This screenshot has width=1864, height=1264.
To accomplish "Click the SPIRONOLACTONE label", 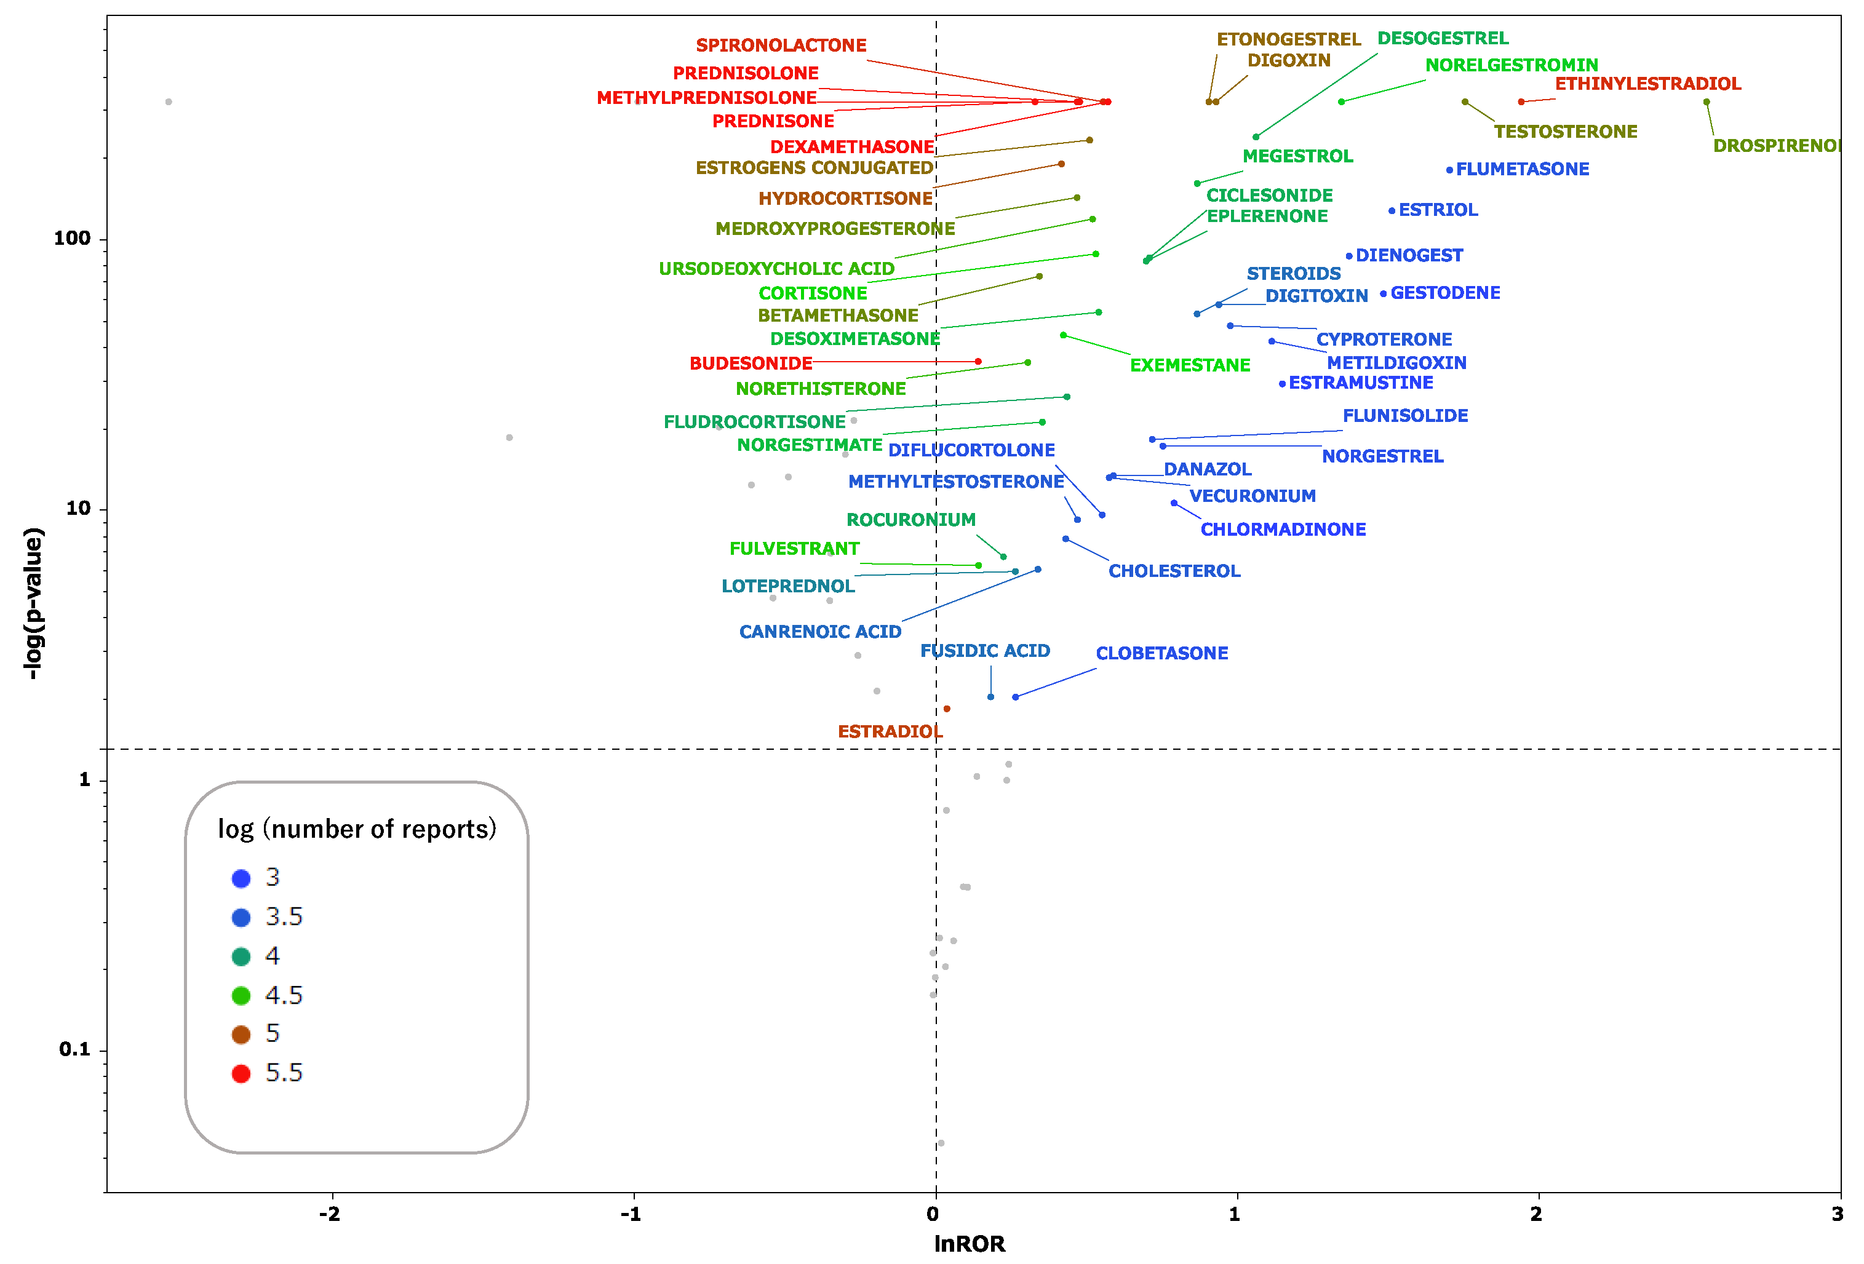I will [x=781, y=45].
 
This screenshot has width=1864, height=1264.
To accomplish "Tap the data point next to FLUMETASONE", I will [x=1449, y=170].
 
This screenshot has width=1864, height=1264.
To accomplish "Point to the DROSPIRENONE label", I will [x=1777, y=146].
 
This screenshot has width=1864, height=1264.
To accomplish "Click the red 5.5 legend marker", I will [x=241, y=1074].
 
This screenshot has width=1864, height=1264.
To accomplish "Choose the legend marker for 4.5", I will [x=241, y=995].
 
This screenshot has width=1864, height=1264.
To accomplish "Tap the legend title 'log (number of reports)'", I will [x=357, y=829].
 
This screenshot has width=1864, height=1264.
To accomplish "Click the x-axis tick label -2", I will [x=330, y=1214].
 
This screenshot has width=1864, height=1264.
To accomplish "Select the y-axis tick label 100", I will [x=72, y=238].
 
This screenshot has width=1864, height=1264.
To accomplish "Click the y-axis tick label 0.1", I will [x=74, y=1049].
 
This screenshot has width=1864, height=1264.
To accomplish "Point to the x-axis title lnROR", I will [x=969, y=1244].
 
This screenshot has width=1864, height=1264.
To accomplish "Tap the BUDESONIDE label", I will [x=751, y=364].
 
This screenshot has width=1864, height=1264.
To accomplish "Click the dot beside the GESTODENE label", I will [x=1383, y=293].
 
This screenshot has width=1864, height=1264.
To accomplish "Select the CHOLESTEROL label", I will [x=1174, y=571].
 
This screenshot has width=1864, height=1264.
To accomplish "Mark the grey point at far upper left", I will [x=169, y=102].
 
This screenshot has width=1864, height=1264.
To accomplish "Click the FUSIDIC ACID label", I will [x=985, y=650].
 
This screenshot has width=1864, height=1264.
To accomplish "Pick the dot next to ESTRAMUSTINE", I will [x=1281, y=384].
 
